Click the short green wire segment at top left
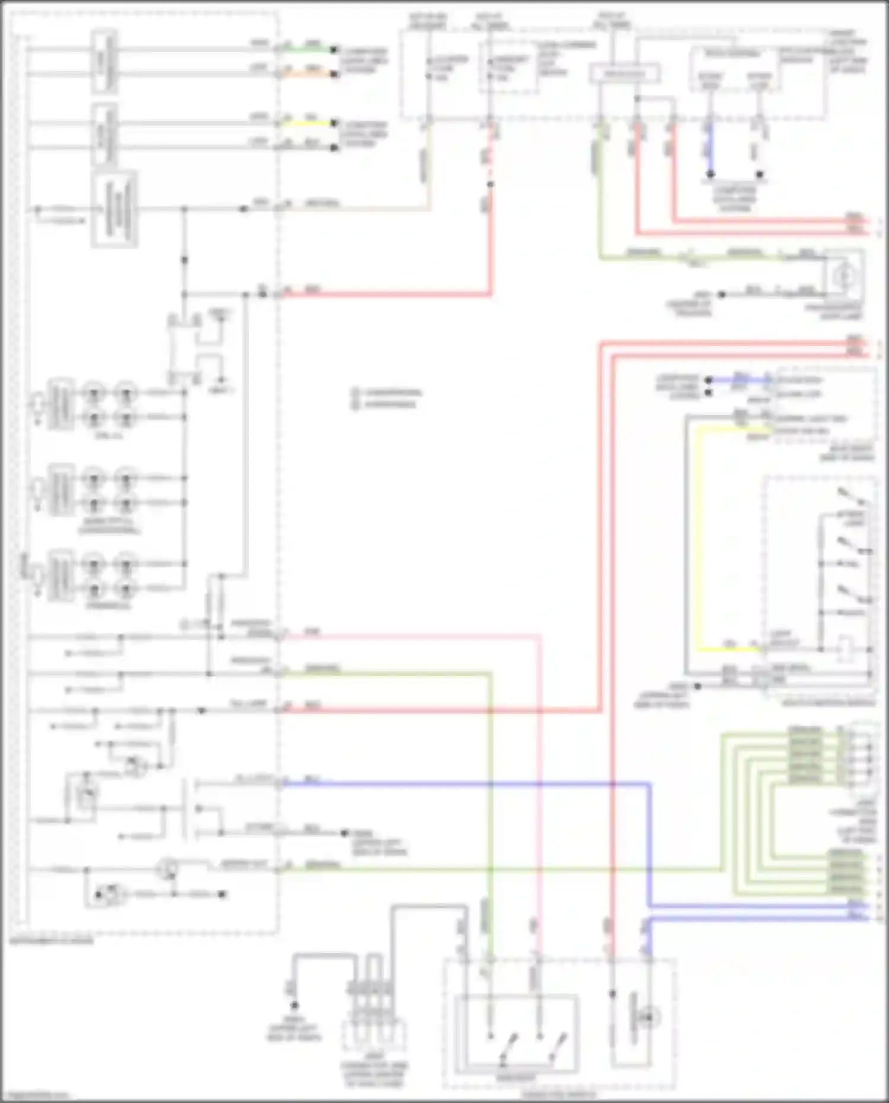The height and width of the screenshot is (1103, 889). click(x=308, y=50)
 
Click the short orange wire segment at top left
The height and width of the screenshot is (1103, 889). click(x=308, y=74)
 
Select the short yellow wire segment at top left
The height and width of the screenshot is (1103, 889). click(x=308, y=123)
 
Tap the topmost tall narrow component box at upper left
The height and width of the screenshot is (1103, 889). click(x=104, y=62)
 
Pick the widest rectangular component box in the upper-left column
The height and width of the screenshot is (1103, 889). click(x=114, y=209)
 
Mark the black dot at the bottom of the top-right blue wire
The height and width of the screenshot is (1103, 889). click(x=711, y=174)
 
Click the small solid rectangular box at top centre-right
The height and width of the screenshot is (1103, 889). click(x=625, y=74)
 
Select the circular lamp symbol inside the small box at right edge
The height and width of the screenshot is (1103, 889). click(x=844, y=276)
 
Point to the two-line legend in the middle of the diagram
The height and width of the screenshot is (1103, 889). click(x=386, y=398)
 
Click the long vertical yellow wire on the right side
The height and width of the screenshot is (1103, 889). click(x=698, y=539)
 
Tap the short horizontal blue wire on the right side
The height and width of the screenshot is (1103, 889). click(x=738, y=380)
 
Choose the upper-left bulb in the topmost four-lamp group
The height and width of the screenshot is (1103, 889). click(x=94, y=392)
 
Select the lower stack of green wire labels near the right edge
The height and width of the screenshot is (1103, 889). click(x=845, y=872)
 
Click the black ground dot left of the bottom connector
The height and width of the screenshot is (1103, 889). click(x=294, y=1005)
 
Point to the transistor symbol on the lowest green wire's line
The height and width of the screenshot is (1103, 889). click(x=168, y=869)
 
